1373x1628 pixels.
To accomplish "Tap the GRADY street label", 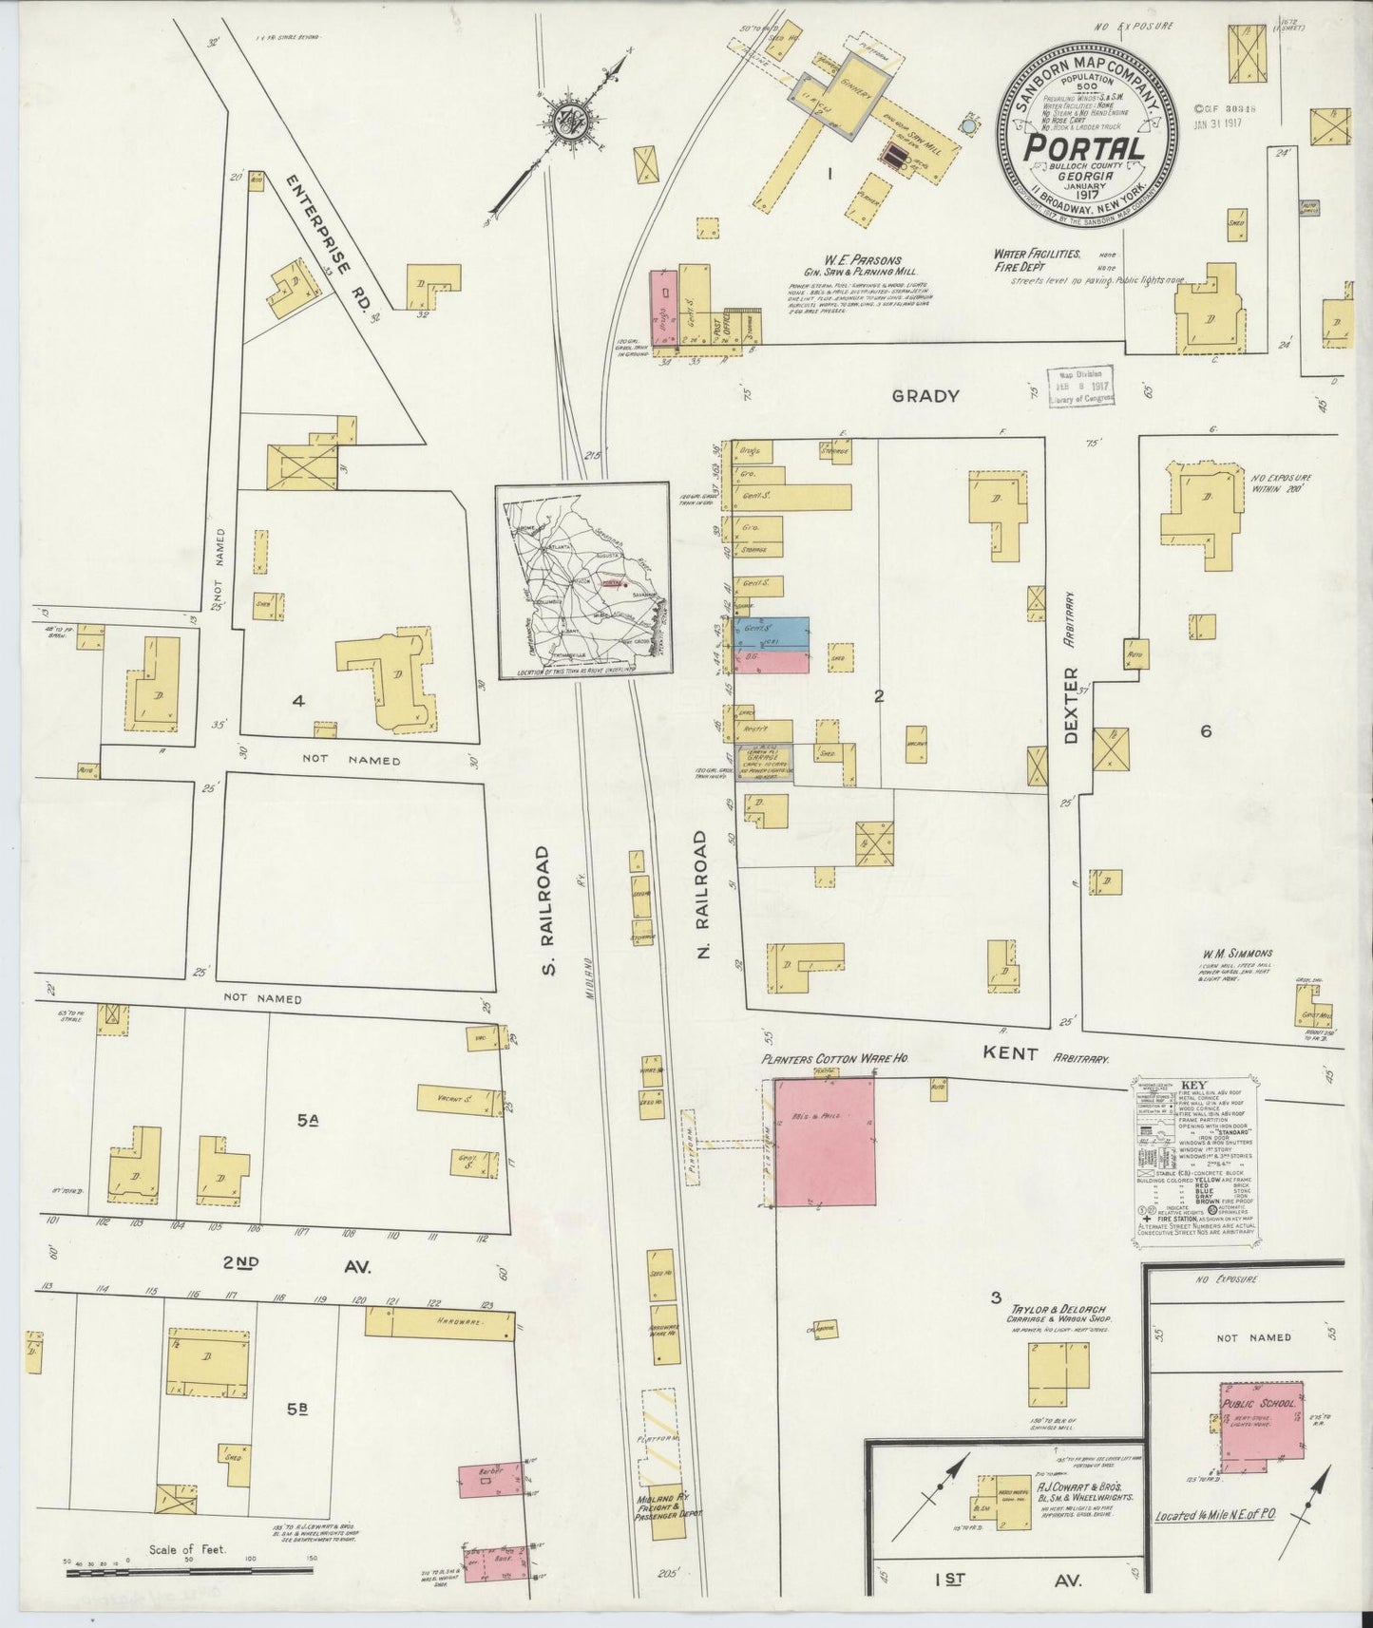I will (x=926, y=395).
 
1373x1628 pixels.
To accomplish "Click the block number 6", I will (x=1206, y=730).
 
